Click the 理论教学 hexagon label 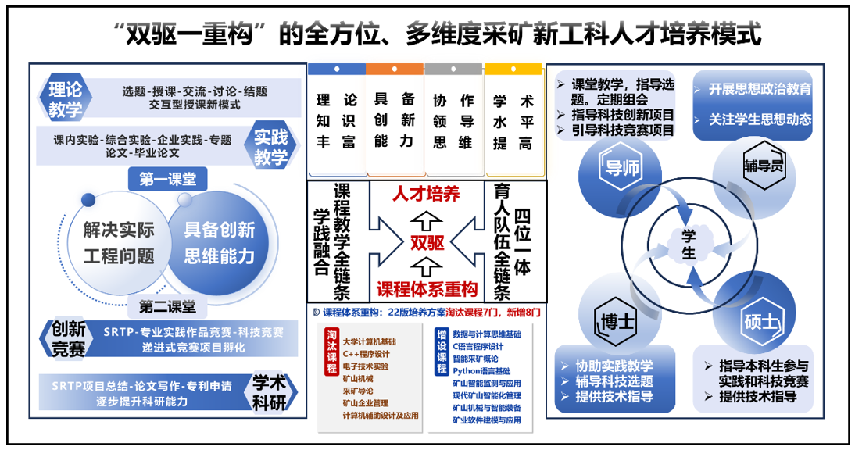point(64,99)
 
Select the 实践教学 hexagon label point(270,147)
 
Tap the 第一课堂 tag point(168,180)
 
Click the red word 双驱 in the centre point(427,242)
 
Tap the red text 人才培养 point(426,195)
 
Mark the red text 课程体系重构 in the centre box point(427,288)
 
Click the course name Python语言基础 point(481,371)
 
